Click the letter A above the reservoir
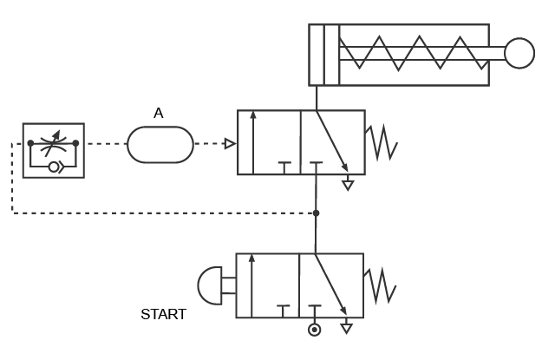point(159,113)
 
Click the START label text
point(164,314)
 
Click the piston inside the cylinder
point(332,55)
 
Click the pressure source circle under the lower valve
point(314,330)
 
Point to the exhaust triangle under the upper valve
point(348,186)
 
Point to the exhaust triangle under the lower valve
point(347,328)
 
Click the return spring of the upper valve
point(382,143)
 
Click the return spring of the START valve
point(380,285)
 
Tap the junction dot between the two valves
point(316,213)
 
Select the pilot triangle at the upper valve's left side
point(230,143)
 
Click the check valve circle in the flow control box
point(54,167)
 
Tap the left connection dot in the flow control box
point(30,143)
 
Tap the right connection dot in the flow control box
point(75,143)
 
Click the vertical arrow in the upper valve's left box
point(253,142)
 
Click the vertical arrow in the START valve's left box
point(251,285)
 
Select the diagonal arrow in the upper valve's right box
point(332,141)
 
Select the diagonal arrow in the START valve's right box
point(330,285)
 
